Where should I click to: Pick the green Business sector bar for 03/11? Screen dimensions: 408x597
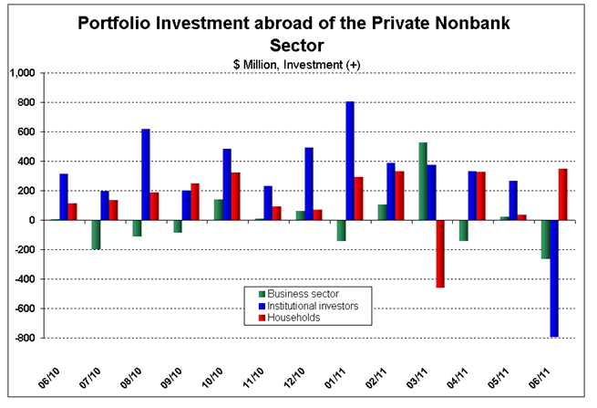click(x=423, y=181)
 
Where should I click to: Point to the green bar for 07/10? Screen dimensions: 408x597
click(x=95, y=235)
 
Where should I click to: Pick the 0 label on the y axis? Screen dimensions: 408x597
click(x=30, y=220)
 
